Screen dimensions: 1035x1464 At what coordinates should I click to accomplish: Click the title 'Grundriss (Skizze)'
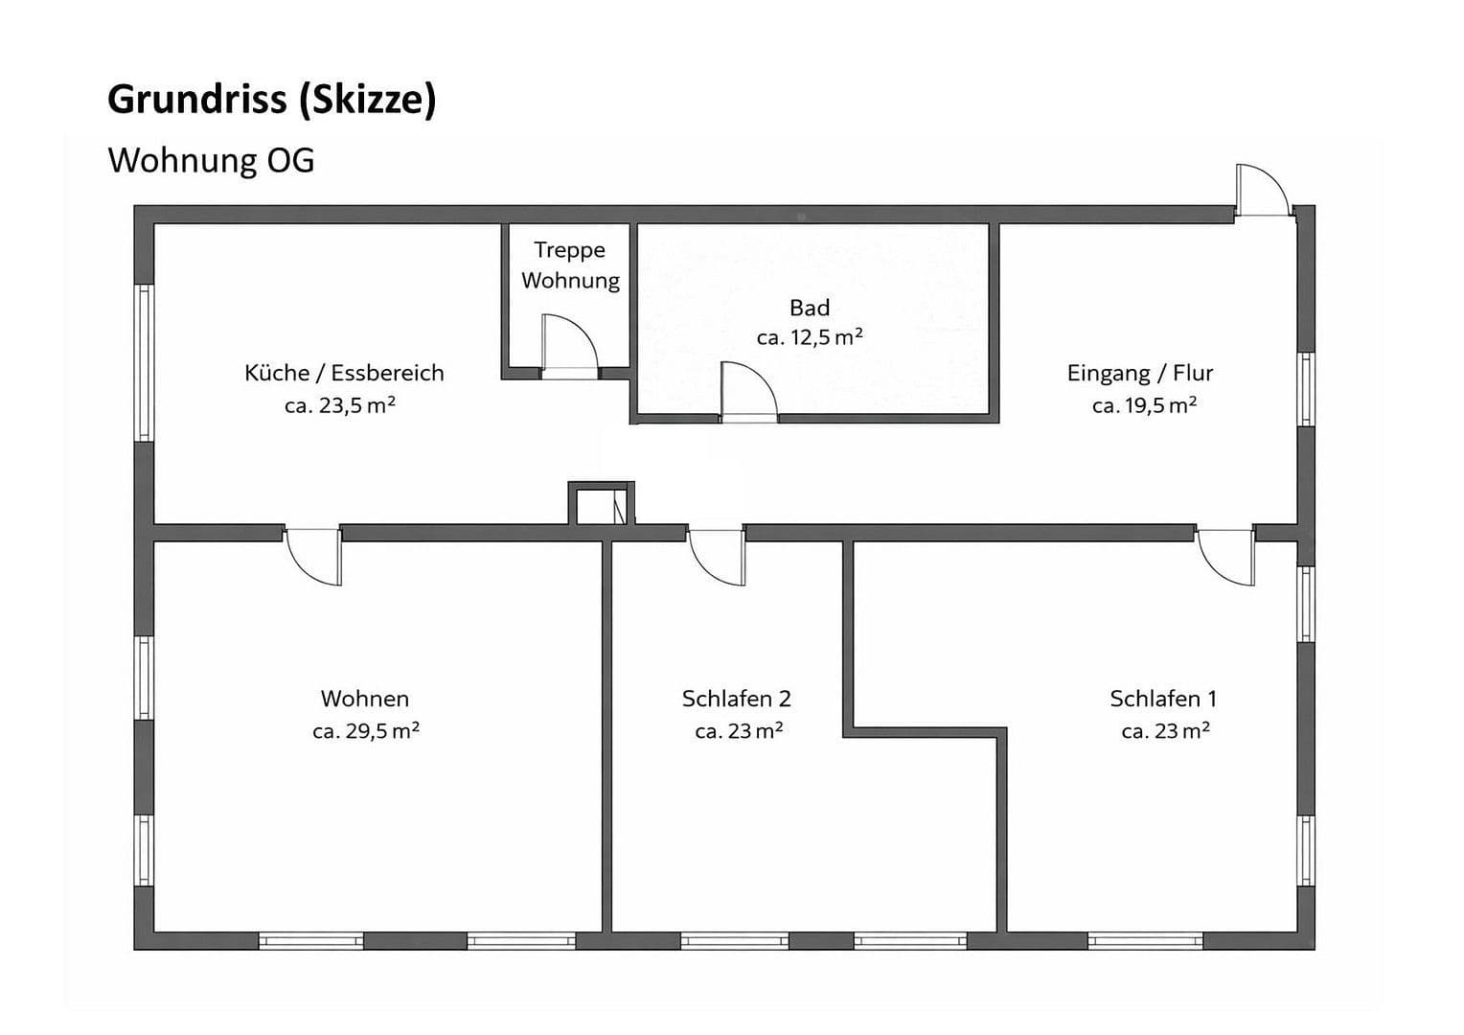pos(271,100)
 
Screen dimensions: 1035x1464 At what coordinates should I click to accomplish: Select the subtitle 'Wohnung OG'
pos(211,160)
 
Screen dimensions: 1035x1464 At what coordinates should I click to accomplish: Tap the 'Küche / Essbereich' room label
pos(344,373)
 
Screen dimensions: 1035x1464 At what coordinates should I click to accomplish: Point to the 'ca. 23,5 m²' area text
pos(340,405)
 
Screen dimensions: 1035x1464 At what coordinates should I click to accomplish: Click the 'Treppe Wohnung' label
pos(570,265)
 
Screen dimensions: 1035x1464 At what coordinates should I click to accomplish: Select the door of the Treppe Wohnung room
pos(569,345)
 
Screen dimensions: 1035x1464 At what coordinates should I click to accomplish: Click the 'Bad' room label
pos(809,308)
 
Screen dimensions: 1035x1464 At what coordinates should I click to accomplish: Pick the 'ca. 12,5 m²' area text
pos(810,337)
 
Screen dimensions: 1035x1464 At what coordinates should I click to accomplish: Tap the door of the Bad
pos(747,393)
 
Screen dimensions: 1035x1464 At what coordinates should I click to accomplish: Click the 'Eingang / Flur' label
pos(1140,373)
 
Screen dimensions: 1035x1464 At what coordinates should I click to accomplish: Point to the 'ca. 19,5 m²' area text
pos(1144,405)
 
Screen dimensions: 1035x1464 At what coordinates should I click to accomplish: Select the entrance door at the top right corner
pos(1261,192)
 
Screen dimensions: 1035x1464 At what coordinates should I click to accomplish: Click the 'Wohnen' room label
pos(365,699)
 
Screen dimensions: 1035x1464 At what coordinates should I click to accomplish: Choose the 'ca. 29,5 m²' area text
pos(366,731)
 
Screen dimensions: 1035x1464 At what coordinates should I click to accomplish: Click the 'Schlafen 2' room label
pos(736,699)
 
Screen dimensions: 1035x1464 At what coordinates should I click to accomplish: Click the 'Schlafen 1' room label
pos(1163,699)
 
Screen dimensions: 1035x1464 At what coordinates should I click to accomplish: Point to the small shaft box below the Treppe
pos(601,504)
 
